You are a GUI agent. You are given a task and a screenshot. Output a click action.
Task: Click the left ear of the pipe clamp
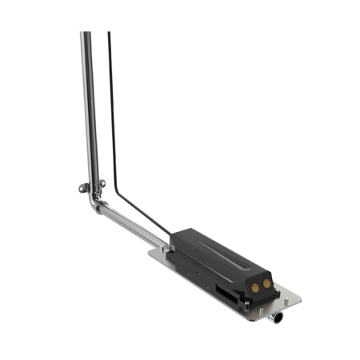pos(82,189)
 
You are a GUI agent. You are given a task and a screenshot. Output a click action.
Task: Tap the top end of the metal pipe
pos(85,34)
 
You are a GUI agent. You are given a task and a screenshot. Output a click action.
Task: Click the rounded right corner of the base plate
pos(298,302)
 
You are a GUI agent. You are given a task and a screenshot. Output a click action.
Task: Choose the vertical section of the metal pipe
pos(88,112)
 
